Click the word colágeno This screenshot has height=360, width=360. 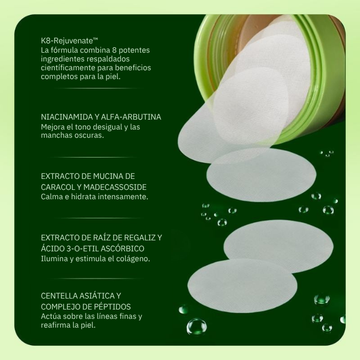[134, 258]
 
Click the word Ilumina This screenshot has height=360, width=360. [55, 258]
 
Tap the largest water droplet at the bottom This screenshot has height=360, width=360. [196, 327]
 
